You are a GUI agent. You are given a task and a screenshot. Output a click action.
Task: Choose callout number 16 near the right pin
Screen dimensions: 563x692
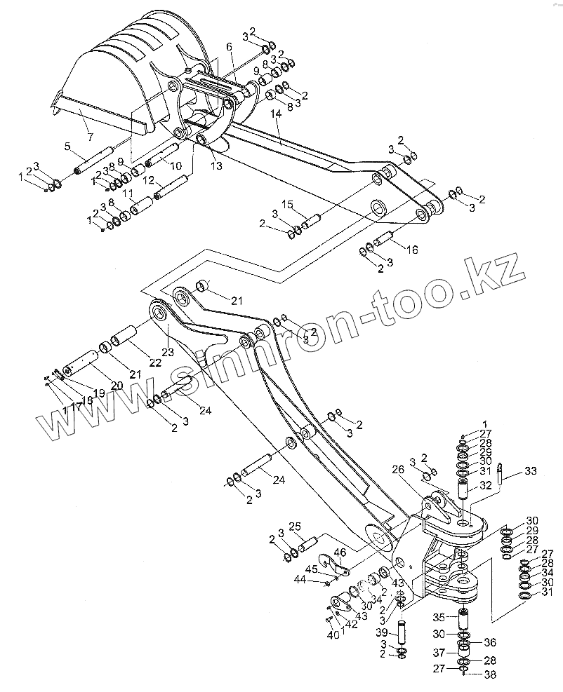(x=411, y=249)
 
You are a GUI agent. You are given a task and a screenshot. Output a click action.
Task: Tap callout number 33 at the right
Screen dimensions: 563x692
(x=530, y=471)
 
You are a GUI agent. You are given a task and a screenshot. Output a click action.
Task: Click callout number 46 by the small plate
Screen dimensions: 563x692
(x=340, y=553)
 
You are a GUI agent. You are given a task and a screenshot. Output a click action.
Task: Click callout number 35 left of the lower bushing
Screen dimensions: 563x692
(x=438, y=618)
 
